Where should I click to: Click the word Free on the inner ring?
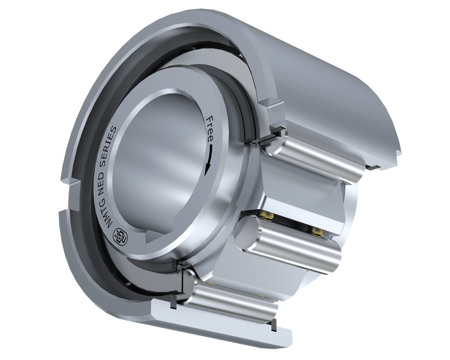[x=210, y=128]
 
